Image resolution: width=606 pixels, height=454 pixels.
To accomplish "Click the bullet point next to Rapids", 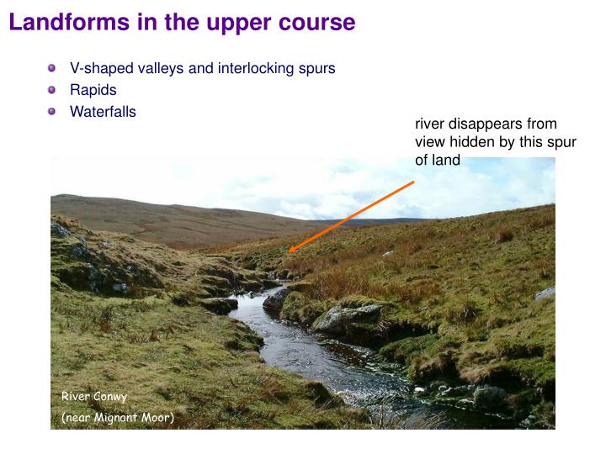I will [52, 90].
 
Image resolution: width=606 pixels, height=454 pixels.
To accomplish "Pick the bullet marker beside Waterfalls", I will [52, 111].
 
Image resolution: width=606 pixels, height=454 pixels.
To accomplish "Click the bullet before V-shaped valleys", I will [52, 68].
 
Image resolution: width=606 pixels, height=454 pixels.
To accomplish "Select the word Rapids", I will [93, 90].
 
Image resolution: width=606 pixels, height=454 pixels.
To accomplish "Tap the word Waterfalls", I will [103, 112].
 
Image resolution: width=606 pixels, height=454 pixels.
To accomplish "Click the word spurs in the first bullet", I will [316, 68].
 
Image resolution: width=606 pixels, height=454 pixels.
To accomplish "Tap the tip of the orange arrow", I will [290, 251].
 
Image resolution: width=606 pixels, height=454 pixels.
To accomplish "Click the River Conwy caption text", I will [93, 396].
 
